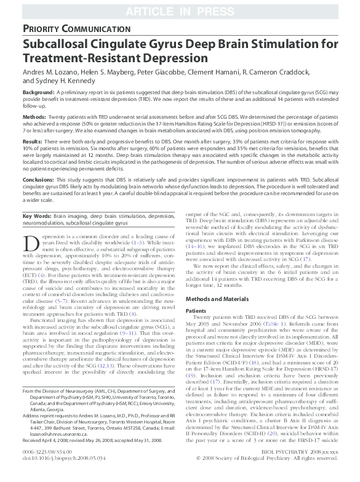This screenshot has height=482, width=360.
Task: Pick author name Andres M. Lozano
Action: [48, 73]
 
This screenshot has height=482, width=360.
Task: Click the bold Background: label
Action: [39, 92]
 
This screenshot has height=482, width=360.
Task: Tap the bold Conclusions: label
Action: [39, 180]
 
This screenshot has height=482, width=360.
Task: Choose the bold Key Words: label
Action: [36, 217]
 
